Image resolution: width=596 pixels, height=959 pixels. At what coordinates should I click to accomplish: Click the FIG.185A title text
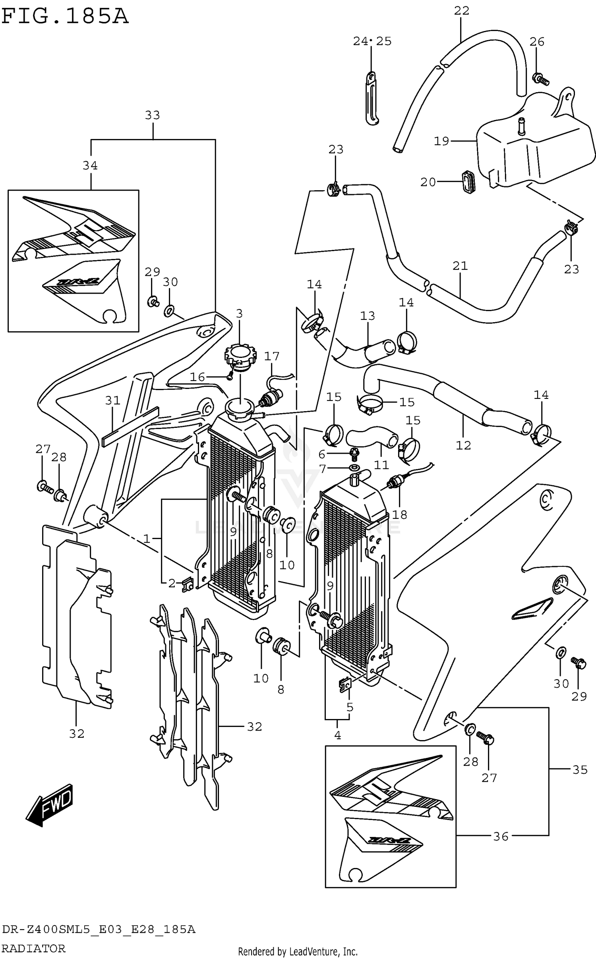(65, 17)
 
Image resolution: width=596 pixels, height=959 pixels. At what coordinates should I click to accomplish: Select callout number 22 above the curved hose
(461, 11)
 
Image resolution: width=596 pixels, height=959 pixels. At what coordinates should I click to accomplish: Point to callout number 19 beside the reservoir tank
(441, 141)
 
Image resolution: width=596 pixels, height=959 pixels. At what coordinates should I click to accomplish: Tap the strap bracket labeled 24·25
(371, 98)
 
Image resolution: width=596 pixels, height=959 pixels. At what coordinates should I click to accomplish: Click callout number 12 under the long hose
(463, 445)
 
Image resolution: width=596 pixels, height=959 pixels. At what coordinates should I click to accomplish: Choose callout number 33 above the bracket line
(152, 115)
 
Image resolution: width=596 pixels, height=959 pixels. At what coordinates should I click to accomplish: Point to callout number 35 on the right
(580, 770)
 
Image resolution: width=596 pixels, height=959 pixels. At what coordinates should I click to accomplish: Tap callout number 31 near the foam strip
(113, 400)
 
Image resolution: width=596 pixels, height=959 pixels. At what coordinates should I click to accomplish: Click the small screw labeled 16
(230, 377)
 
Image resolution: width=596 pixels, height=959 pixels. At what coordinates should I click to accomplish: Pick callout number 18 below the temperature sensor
(399, 514)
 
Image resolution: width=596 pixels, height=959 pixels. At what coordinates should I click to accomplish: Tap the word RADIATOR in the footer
(33, 948)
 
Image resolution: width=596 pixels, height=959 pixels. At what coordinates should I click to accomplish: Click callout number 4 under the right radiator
(337, 735)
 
